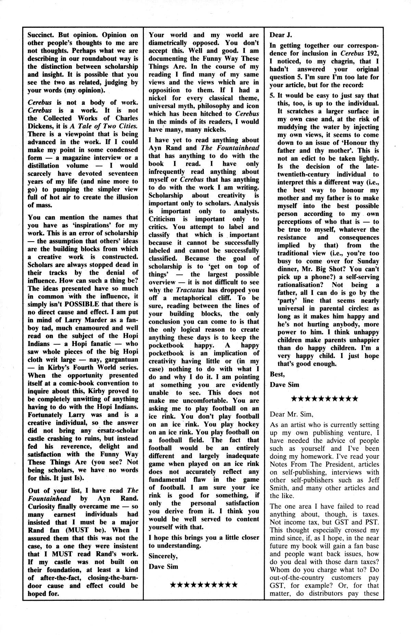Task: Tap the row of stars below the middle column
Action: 203,575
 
